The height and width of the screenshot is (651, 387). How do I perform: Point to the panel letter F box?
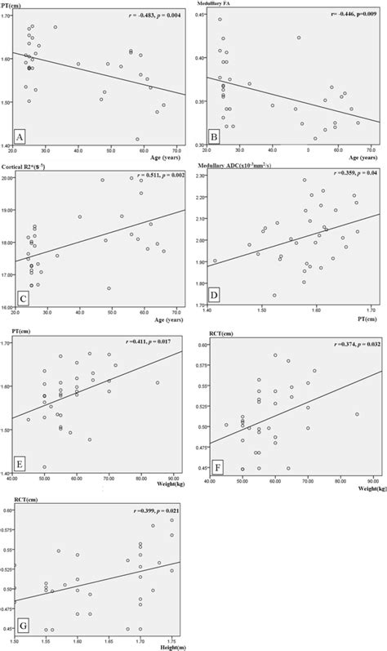pyautogui.click(x=216, y=466)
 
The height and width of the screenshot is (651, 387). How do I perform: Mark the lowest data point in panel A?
pyautogui.click(x=136, y=139)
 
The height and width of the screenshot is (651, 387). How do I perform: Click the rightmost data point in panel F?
pyautogui.click(x=357, y=414)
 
